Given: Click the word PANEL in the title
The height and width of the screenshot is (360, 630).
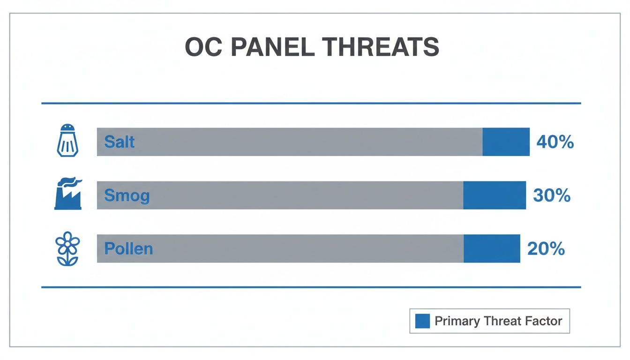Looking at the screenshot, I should pos(268,47).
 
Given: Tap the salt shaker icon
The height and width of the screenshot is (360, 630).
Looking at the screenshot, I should pos(67,140).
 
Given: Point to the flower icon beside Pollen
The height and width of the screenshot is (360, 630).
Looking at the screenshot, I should pos(67,248).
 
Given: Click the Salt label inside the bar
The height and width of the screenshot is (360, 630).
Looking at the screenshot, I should pos(120,142).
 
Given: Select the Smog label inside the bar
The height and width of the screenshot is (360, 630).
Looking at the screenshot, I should pos(127,195).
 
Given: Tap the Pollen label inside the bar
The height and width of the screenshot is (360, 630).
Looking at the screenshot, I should pos(128,248).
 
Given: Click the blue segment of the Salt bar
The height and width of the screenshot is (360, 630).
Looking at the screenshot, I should pos(506,142).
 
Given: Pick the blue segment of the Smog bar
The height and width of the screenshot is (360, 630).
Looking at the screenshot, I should pos(495,195).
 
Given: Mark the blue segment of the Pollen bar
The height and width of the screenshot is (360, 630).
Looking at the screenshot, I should pos(492,248).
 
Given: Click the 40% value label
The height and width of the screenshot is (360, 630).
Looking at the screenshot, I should pos(555,142).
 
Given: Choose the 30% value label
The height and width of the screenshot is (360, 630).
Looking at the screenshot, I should pos(552,195).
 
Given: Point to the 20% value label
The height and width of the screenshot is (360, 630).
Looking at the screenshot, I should pos(546,249).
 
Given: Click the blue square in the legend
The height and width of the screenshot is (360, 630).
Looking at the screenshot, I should pos(422,321).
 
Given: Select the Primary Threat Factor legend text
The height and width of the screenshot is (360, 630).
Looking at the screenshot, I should pos(498,321).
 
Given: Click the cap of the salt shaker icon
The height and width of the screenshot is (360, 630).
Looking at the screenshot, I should pos(67,128).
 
